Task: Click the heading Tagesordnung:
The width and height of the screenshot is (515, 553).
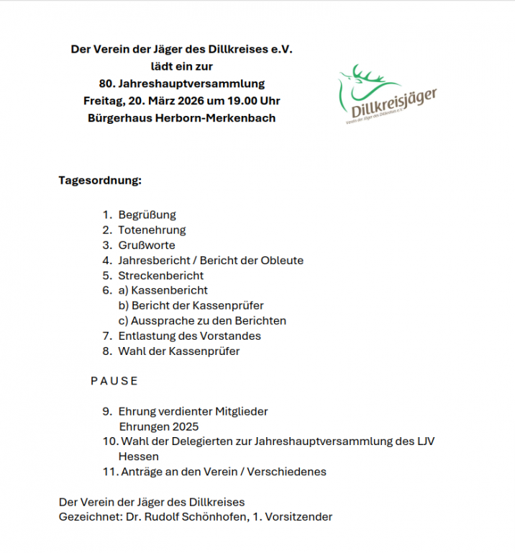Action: coord(100,179)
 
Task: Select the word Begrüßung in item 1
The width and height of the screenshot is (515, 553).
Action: coord(147,215)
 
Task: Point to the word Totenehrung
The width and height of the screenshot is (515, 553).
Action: coord(152,230)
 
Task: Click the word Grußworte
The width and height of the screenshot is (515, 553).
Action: coord(147,245)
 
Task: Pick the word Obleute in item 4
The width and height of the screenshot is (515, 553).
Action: coord(283,260)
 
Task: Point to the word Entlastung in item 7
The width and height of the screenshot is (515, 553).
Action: coord(147,336)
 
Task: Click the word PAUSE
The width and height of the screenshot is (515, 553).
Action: coord(114,380)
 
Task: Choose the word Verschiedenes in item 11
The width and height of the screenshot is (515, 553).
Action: coord(290,472)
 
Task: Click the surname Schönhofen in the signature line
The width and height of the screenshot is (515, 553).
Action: coord(214,516)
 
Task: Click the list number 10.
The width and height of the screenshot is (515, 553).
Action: coord(110,441)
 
